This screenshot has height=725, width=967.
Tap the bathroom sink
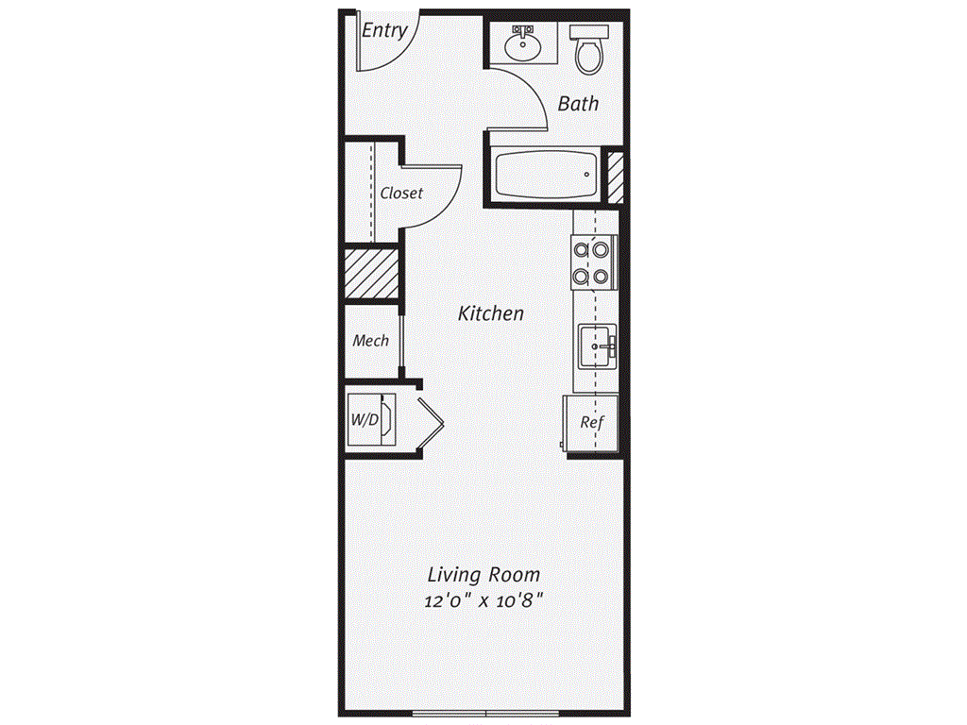pos(522,44)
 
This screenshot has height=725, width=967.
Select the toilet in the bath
pos(589,49)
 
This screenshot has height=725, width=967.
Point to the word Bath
pos(578,104)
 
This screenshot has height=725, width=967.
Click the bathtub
pos(547,174)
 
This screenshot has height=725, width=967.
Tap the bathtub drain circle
pos(586,175)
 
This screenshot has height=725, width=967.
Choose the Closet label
pos(401,193)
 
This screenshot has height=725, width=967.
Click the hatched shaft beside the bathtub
pos(616,177)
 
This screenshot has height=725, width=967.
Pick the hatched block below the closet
pos(371,273)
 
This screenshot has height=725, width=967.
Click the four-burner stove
pos(594,262)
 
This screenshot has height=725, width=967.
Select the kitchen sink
pos(597,346)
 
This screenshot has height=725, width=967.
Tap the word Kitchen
pos(491,313)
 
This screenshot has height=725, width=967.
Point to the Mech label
pos(370,340)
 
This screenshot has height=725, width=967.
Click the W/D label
pos(365,420)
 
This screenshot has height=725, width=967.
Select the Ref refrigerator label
pos(591,422)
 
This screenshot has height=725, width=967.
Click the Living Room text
pos(484,575)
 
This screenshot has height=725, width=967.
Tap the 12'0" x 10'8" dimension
pos(484,599)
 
